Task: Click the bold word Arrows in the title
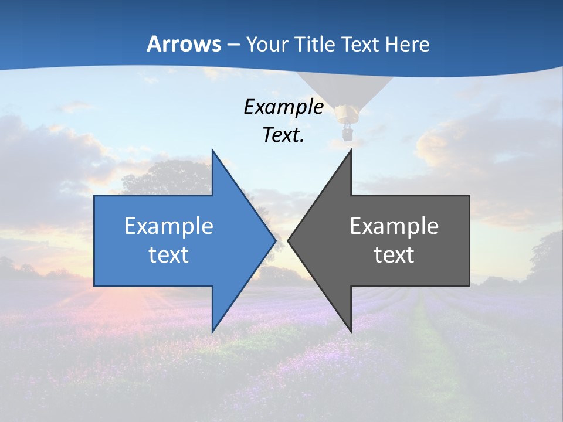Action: click(x=184, y=44)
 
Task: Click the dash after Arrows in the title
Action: click(x=233, y=45)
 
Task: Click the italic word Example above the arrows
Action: click(x=284, y=107)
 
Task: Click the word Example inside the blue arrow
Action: click(x=169, y=226)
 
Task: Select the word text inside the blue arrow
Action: click(x=169, y=254)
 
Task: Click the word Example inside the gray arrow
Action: click(x=394, y=226)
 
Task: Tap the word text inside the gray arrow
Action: click(x=394, y=254)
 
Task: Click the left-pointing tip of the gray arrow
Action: click(x=289, y=240)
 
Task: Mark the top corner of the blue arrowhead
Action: click(x=212, y=151)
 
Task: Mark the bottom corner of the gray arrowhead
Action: click(x=351, y=331)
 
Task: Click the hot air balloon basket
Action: click(x=348, y=132)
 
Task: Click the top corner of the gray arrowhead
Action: click(x=351, y=151)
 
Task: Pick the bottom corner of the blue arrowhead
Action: click(x=212, y=331)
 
